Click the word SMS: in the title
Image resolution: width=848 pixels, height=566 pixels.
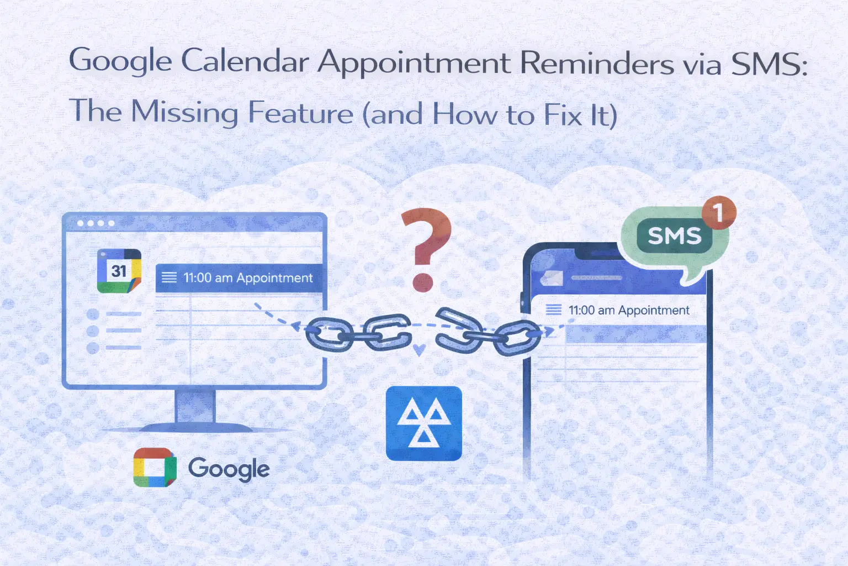pyautogui.click(x=768, y=64)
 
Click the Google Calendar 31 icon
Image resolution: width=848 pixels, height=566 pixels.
pyautogui.click(x=119, y=271)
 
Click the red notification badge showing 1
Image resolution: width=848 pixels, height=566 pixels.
pyautogui.click(x=718, y=212)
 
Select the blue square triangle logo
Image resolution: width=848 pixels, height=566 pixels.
pyautogui.click(x=423, y=423)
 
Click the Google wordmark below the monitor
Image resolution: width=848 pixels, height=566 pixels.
pyautogui.click(x=229, y=469)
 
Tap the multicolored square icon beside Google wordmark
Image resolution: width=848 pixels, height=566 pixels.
pyautogui.click(x=155, y=468)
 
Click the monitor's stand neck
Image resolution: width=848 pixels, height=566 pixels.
pyautogui.click(x=195, y=406)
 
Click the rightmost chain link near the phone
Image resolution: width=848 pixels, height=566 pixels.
pyautogui.click(x=516, y=337)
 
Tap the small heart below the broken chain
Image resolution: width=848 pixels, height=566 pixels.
pyautogui.click(x=419, y=350)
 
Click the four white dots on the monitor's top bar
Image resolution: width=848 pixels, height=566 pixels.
pyautogui.click(x=96, y=223)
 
